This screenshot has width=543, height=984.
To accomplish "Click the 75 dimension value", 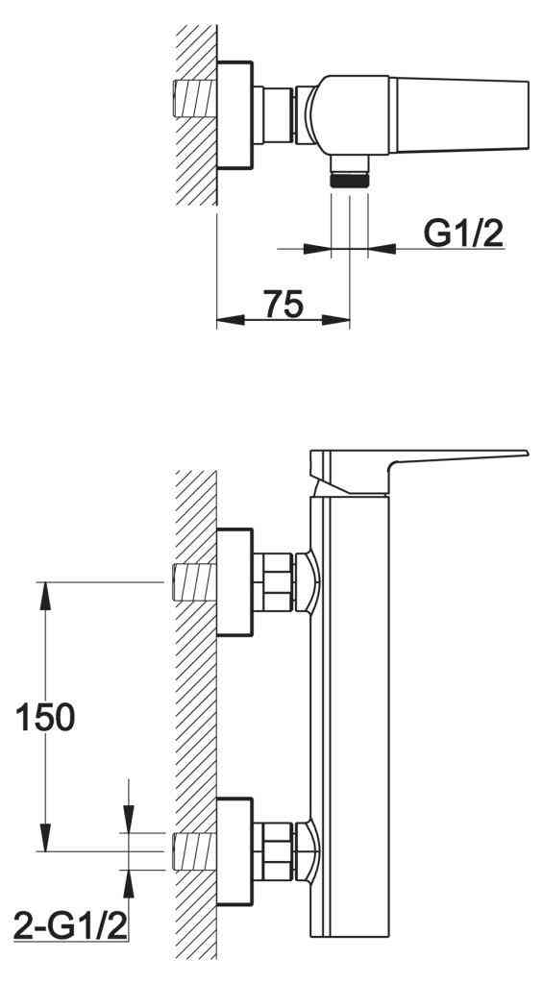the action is (284, 305).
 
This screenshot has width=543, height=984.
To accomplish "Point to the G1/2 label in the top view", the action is (463, 234).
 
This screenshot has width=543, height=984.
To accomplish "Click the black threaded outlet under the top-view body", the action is (349, 182).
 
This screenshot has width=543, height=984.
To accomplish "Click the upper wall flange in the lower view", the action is (234, 582).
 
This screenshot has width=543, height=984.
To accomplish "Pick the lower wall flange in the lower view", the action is (234, 851).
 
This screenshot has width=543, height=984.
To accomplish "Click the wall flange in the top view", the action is (234, 115).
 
